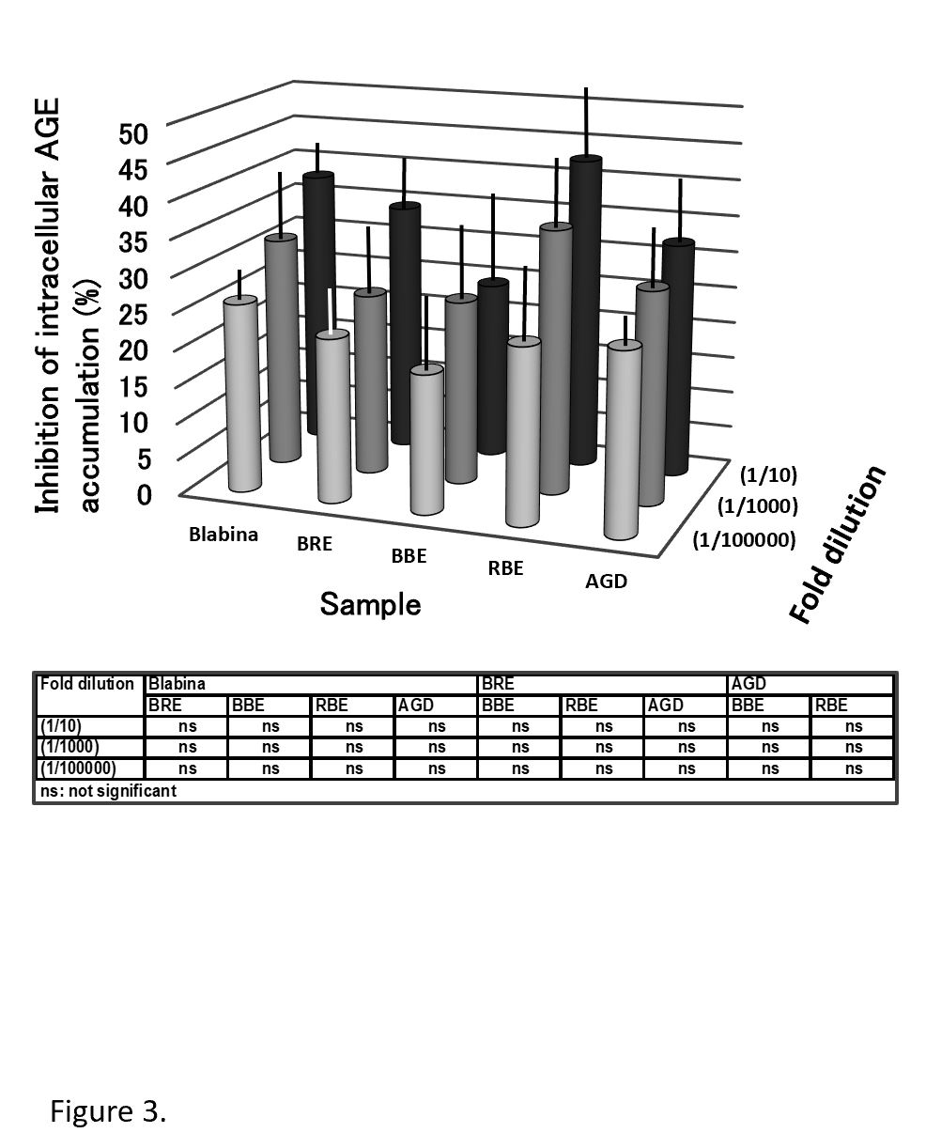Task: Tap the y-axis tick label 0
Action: pyautogui.click(x=143, y=494)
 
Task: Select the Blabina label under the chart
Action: pyautogui.click(x=224, y=535)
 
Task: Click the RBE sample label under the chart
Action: pyautogui.click(x=504, y=567)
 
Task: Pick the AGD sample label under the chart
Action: pyautogui.click(x=606, y=581)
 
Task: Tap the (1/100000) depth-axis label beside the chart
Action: pyautogui.click(x=744, y=539)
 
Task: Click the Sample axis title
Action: pyautogui.click(x=370, y=604)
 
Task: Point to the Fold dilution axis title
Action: pyautogui.click(x=838, y=545)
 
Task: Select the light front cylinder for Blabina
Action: pyautogui.click(x=241, y=395)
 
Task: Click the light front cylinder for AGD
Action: pyautogui.click(x=624, y=442)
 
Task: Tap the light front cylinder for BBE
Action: pyautogui.click(x=427, y=442)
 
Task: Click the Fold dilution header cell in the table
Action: pyautogui.click(x=87, y=684)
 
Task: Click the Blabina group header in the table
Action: pyautogui.click(x=177, y=684)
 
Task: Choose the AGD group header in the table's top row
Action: pyautogui.click(x=748, y=684)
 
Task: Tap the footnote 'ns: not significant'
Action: pyautogui.click(x=108, y=791)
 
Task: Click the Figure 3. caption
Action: pyautogui.click(x=108, y=1112)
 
